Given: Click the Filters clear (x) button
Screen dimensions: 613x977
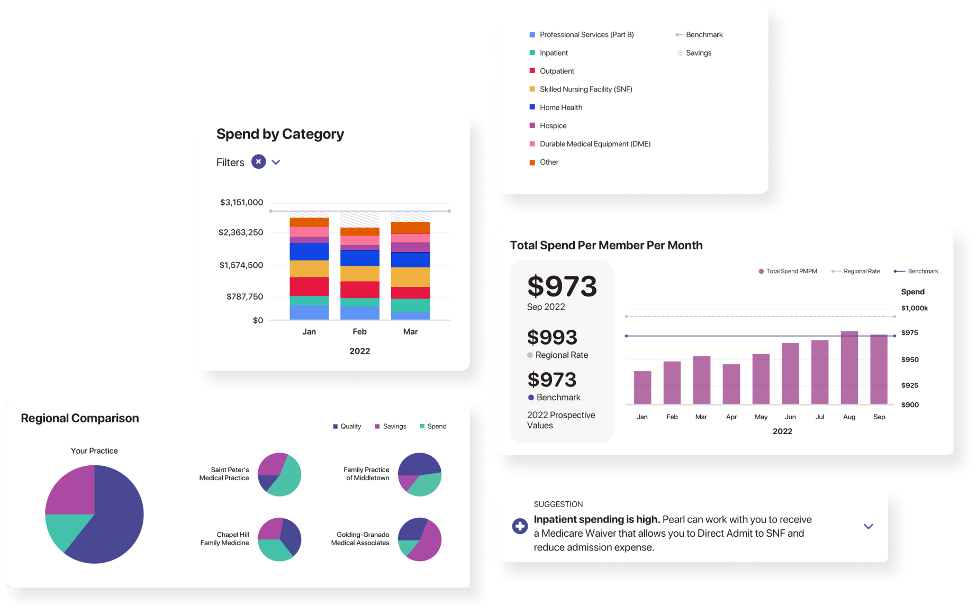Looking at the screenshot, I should coord(258,161).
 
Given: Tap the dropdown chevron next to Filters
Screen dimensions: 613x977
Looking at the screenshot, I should coord(276,162).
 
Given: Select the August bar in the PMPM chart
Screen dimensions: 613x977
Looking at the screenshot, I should coord(849,367).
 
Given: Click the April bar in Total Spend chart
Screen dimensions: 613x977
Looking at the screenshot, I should coord(731,384).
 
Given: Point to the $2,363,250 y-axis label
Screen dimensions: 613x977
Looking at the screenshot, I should coord(241,232).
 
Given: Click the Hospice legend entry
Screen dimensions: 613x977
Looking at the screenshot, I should coord(553,125).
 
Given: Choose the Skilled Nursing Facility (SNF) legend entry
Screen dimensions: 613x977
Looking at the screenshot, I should coord(585,89).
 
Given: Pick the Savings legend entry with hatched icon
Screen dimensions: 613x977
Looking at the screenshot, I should coord(698,53).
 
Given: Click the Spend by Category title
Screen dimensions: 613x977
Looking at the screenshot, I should coord(280,134).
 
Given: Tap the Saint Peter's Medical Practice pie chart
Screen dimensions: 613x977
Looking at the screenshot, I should coord(279,474).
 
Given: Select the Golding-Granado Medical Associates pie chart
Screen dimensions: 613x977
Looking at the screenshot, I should coord(420,539).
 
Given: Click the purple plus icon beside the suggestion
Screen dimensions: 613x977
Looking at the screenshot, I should coord(520,526).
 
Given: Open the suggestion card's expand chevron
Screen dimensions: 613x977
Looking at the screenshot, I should coord(868,526).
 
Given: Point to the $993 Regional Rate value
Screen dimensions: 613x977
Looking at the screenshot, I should coord(552,338).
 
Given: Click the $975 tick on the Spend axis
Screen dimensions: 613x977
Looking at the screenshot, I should coord(909,333).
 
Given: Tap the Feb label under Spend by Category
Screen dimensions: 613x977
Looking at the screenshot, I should coord(359,331).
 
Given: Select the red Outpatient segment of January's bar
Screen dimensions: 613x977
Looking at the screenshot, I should coord(309,286).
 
